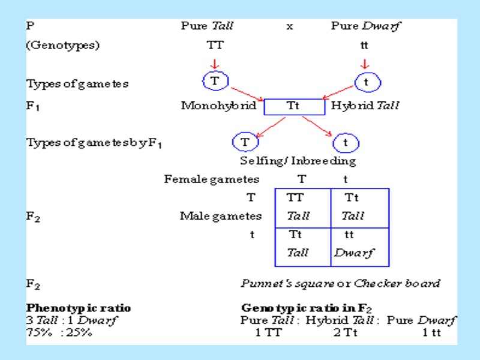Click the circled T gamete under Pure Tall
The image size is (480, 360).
[214, 80]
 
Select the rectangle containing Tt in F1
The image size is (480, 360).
[293, 106]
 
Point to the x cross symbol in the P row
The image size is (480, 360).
[290, 26]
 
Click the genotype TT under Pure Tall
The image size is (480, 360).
[214, 45]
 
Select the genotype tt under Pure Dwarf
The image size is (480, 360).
[364, 45]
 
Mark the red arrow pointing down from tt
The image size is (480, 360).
[365, 63]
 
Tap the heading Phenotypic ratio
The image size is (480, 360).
[79, 308]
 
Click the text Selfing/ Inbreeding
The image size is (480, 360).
[298, 161]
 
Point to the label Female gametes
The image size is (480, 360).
[212, 179]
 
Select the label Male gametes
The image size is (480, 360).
[221, 216]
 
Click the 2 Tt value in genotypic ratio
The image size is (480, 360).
[346, 332]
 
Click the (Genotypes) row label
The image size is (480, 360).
[63, 45]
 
